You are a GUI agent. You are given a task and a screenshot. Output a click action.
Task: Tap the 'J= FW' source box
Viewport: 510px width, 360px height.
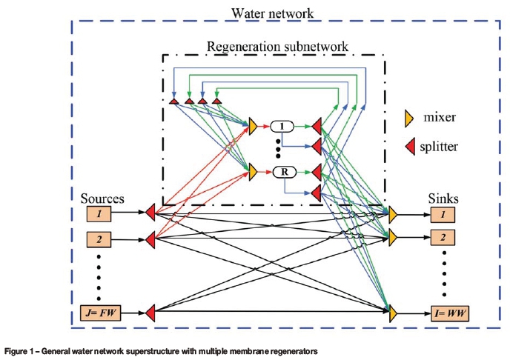pos(99,313)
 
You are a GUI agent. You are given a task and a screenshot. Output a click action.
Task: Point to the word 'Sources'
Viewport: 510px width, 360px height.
pos(102,199)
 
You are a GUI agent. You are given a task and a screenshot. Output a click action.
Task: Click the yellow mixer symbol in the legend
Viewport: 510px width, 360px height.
pos(408,118)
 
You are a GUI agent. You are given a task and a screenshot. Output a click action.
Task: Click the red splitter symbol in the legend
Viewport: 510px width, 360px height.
pos(408,146)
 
